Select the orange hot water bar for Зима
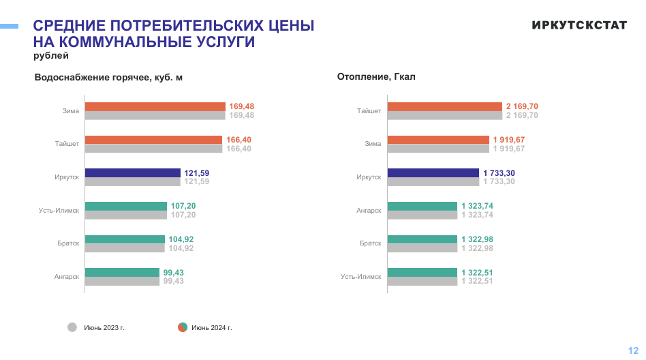[x=155, y=106]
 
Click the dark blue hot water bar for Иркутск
[x=132, y=172]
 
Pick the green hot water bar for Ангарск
[x=122, y=272]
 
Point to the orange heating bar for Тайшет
[x=444, y=106]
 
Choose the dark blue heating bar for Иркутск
[x=433, y=172]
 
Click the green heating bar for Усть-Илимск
[x=422, y=272]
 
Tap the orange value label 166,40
[x=239, y=140]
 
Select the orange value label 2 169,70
[x=522, y=106]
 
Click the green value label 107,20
[x=183, y=206]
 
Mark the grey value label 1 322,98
[x=477, y=248]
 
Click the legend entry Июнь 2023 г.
[x=104, y=328]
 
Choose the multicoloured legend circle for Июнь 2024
[x=183, y=327]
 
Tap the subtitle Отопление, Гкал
[x=376, y=77]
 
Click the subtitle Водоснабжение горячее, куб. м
[x=108, y=78]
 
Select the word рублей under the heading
[x=51, y=56]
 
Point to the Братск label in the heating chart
[x=371, y=243]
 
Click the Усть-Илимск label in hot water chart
[x=59, y=211]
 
